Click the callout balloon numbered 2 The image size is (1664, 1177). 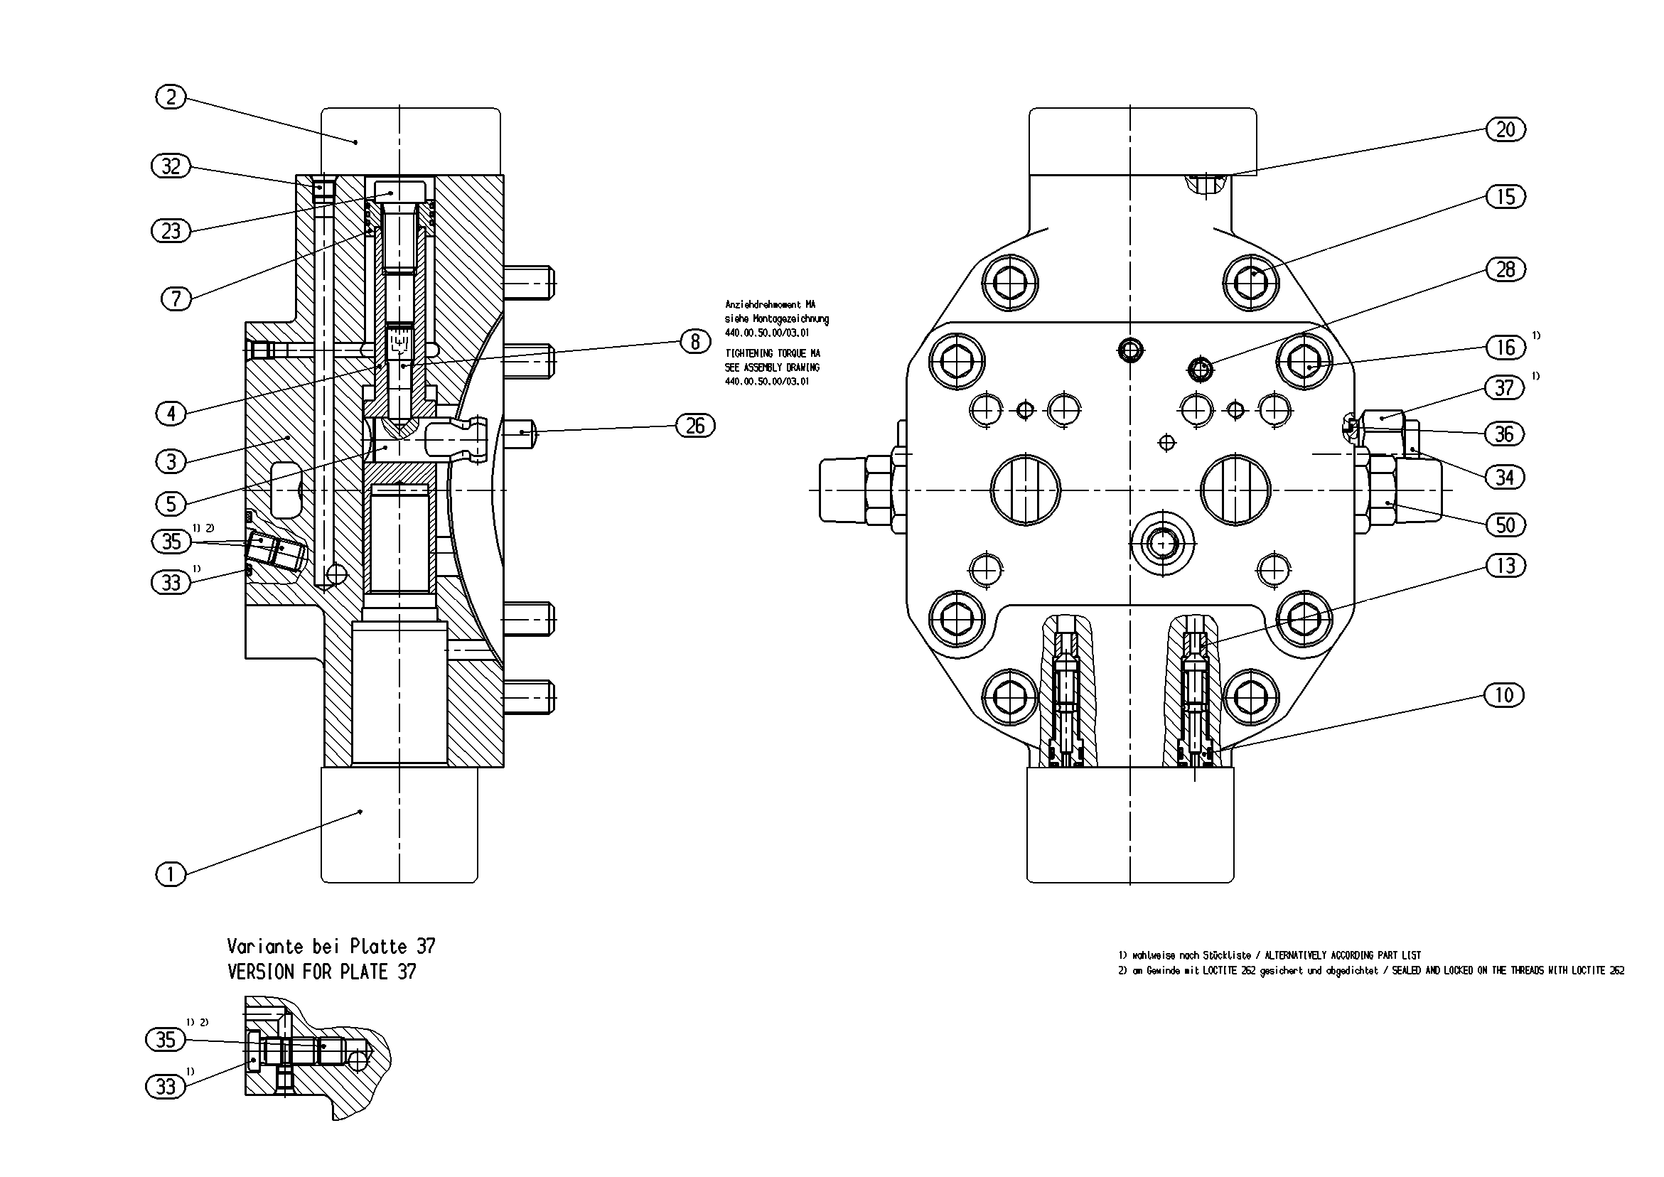[x=171, y=97]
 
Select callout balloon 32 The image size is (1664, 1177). [x=171, y=166]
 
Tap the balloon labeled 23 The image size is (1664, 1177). [x=171, y=231]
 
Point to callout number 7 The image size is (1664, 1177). [x=176, y=298]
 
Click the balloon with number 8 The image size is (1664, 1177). [x=695, y=340]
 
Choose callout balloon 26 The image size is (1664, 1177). [x=695, y=426]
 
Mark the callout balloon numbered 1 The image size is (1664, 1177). [x=171, y=874]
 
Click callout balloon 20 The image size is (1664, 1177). [x=1505, y=130]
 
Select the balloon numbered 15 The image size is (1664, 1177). [x=1505, y=196]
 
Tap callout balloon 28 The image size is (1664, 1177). [x=1505, y=269]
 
